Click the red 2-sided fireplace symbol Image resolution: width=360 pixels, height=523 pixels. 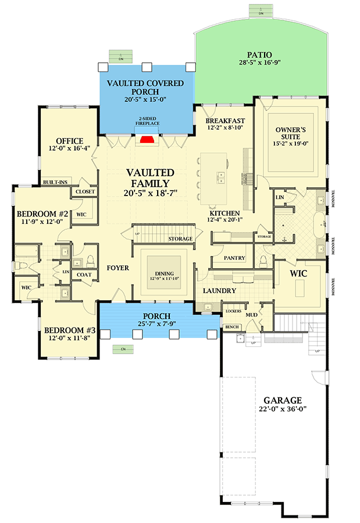point(148,139)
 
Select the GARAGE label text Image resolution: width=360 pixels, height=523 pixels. point(283,400)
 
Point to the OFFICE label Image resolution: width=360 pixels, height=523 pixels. point(69,141)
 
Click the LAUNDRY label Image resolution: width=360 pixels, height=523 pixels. point(219,290)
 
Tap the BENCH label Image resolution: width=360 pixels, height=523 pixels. point(232,328)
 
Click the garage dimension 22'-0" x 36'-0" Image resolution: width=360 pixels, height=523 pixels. point(283,409)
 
